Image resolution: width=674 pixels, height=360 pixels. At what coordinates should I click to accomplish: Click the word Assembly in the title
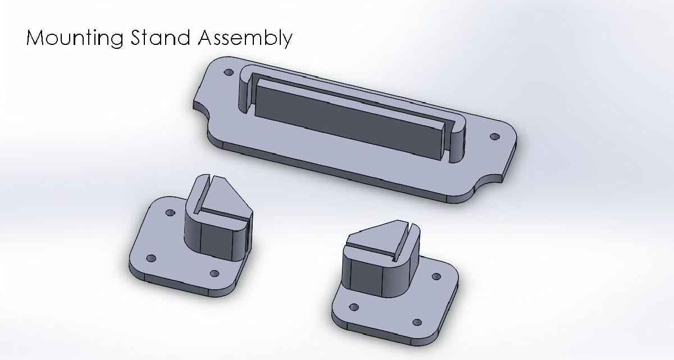245,38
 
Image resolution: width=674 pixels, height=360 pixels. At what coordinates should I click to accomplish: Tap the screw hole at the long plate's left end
228,73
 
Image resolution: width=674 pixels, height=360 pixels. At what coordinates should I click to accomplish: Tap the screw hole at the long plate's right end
494,136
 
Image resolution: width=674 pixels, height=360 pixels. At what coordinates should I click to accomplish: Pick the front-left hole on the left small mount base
151,258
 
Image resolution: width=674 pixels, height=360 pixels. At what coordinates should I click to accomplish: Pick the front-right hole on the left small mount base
214,274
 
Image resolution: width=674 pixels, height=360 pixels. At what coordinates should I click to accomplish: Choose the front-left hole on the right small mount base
354,307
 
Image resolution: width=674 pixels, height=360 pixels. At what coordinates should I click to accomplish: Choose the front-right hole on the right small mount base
417,322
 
